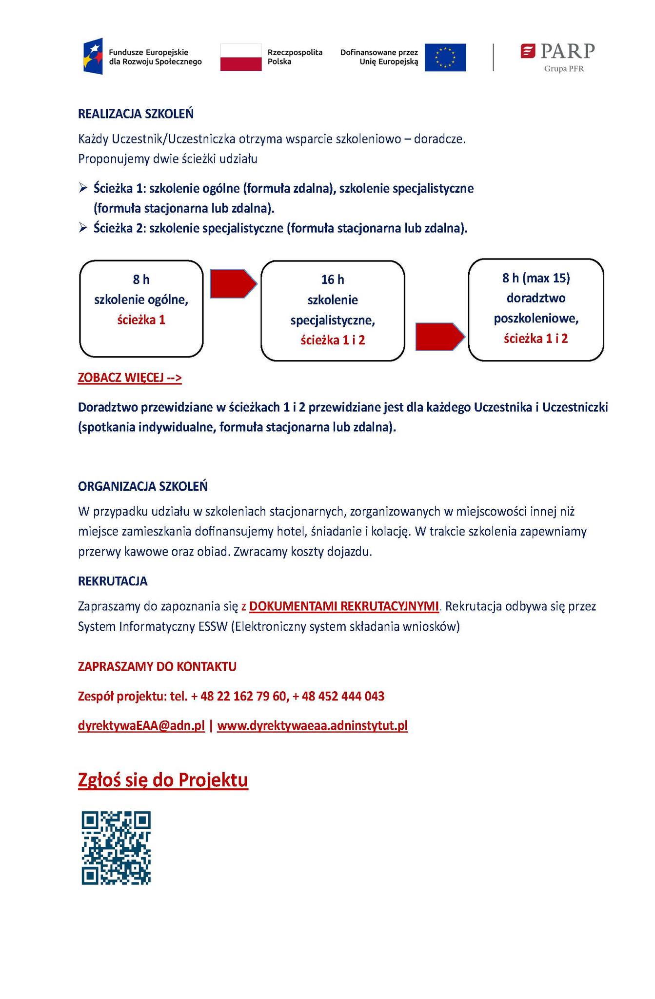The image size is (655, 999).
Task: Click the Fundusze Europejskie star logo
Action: pos(93,56)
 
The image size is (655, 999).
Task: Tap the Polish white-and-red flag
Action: pos(240,57)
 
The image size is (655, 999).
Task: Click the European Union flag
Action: pos(445,57)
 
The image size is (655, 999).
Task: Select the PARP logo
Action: pos(558,56)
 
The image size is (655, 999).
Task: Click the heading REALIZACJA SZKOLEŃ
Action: pos(136,114)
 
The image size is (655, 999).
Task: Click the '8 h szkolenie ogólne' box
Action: pos(141,308)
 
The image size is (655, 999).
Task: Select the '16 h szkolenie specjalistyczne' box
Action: pos(333,311)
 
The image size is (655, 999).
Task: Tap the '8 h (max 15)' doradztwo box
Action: pos(536,310)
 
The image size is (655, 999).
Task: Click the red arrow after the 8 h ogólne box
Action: pos(233,283)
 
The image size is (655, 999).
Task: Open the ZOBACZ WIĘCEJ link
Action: pos(130,378)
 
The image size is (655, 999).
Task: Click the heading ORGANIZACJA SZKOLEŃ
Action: pos(143,486)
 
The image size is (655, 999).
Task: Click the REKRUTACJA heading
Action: pos(113,581)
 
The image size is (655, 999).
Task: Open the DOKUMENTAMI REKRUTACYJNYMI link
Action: pos(344,606)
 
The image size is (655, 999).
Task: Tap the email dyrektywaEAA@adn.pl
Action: pos(141,726)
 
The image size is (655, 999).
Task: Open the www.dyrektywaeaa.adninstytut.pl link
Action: pos(312,726)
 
